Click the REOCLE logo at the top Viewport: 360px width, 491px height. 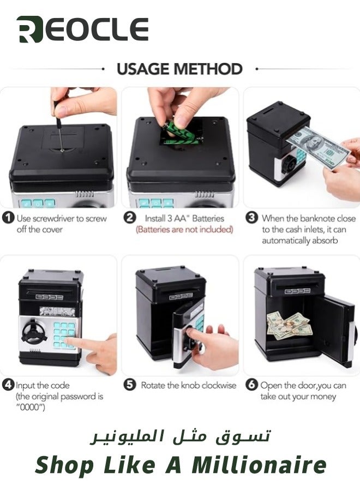(82, 29)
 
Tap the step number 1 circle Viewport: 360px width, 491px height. (8, 218)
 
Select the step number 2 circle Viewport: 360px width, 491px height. (130, 218)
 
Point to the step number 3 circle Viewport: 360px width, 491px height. (251, 218)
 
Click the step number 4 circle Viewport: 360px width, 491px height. (8, 385)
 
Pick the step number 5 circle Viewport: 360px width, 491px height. (130, 385)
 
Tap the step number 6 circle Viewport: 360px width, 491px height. (251, 385)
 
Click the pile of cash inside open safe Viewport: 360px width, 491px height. (290, 326)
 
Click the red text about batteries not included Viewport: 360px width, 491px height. (184, 230)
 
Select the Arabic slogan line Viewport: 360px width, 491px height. (181, 436)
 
